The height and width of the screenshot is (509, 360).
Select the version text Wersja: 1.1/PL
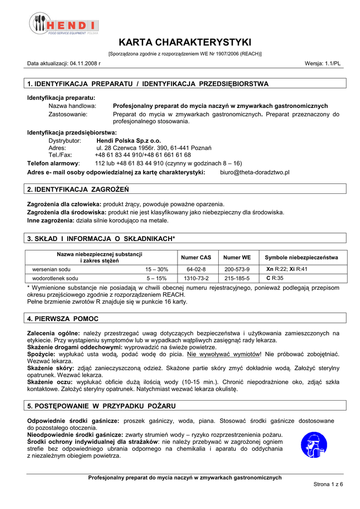click(322, 64)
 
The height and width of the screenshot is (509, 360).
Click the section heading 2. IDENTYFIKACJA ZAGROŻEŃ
click(78, 189)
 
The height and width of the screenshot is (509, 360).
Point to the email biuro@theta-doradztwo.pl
click(255, 172)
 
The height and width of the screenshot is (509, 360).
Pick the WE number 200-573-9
click(237, 269)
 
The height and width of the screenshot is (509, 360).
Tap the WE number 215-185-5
click(237, 278)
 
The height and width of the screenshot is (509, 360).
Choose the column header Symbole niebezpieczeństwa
click(301, 257)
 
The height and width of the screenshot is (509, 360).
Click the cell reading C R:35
click(275, 278)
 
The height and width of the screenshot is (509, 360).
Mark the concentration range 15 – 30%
click(157, 269)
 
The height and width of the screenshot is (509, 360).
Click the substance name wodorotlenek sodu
click(55, 278)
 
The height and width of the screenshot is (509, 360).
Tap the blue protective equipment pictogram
click(314, 445)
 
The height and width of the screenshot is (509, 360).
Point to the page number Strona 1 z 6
click(328, 484)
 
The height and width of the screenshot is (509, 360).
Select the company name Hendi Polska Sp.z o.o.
click(128, 141)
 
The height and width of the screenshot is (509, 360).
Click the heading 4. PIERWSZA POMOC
click(63, 319)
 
